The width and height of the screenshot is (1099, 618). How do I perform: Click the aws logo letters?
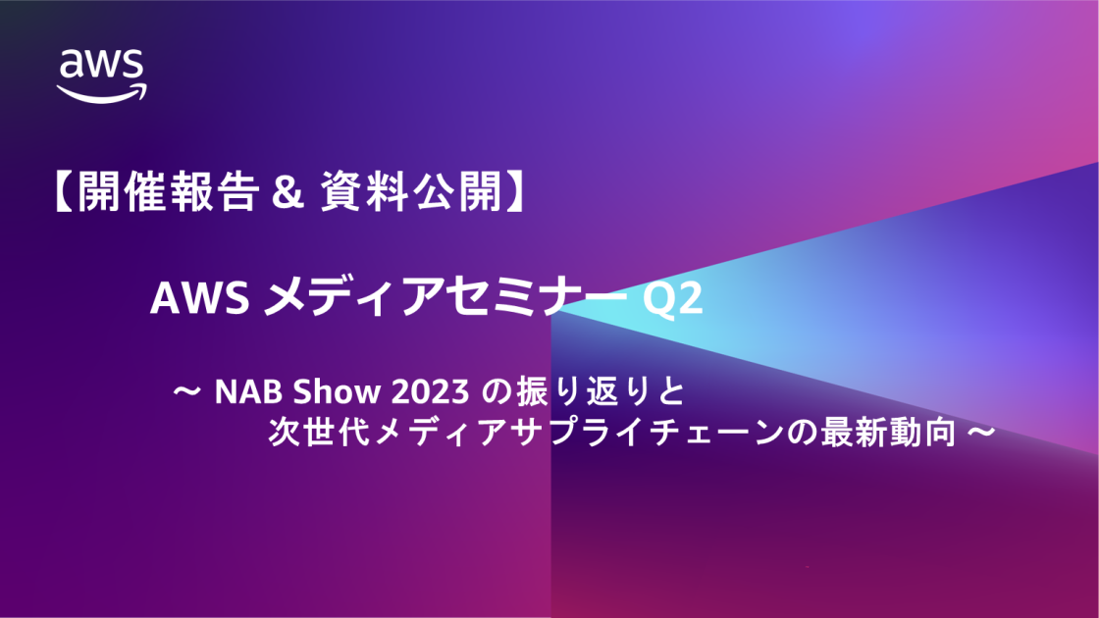click(102, 65)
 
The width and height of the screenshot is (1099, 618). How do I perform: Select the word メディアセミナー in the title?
click(447, 299)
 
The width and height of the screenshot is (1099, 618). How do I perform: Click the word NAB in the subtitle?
click(240, 393)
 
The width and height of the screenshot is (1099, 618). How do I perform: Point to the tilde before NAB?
click(186, 393)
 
